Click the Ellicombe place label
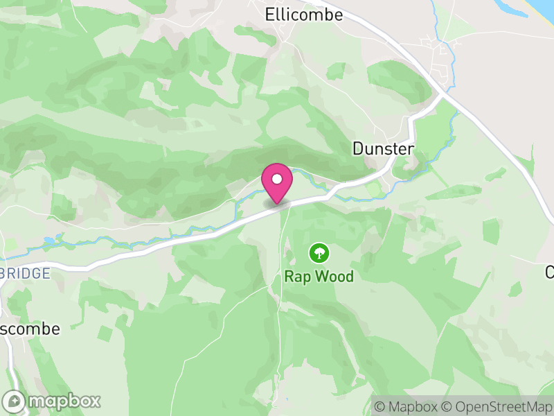coord(304,14)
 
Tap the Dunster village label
coord(383,149)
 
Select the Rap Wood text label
coord(319,277)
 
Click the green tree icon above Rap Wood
coord(319,252)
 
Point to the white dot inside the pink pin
coord(277,179)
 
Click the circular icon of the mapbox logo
coord(15,401)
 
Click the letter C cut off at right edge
coord(550,272)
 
